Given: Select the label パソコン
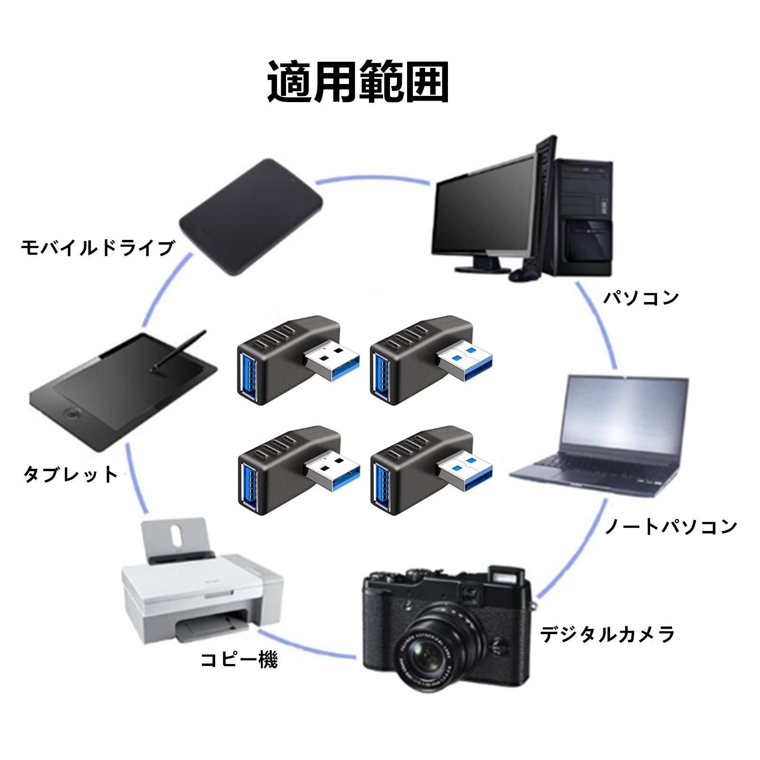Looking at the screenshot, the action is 641,298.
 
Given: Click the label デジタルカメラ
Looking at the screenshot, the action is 608,635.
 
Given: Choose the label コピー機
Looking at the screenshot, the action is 239,660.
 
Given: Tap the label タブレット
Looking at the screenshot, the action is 71,474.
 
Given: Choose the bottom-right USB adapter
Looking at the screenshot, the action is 423,470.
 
